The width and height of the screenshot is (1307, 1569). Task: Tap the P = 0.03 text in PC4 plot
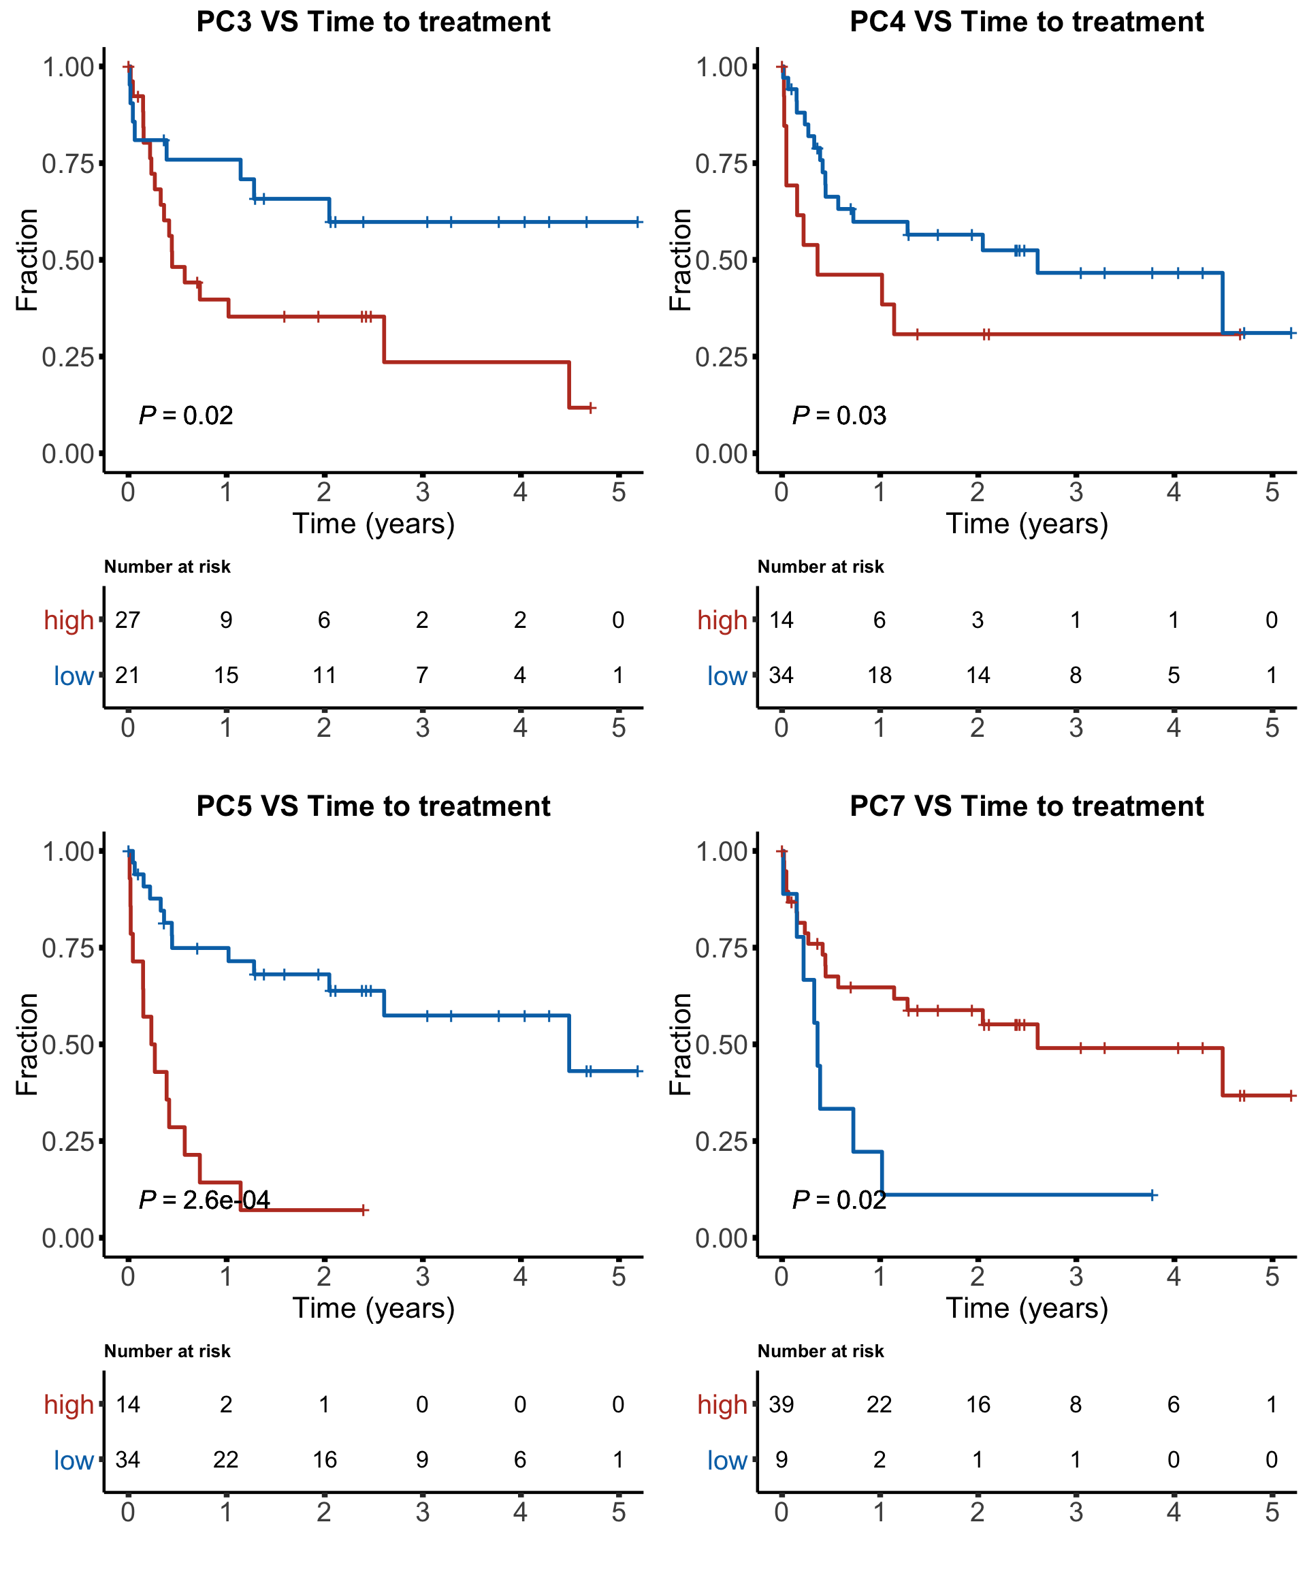[839, 415]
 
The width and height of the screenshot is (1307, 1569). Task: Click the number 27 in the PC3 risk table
[128, 620]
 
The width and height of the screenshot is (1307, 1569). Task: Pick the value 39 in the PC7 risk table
[781, 1404]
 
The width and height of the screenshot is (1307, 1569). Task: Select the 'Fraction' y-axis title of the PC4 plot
[679, 259]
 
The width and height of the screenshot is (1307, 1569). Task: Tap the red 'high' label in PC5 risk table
[69, 1405]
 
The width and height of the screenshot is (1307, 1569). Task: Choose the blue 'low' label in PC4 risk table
[727, 676]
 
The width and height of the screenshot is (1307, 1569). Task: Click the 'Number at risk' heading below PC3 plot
[167, 567]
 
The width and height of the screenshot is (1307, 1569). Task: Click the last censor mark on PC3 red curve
[591, 408]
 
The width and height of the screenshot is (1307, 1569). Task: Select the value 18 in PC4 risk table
[879, 676]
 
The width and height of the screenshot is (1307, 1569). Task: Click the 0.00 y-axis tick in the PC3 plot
[68, 454]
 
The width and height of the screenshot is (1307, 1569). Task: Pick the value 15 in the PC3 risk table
[225, 676]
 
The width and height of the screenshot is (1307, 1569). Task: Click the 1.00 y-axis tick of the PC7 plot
[722, 851]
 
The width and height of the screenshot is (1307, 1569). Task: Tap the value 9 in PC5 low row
[422, 1459]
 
